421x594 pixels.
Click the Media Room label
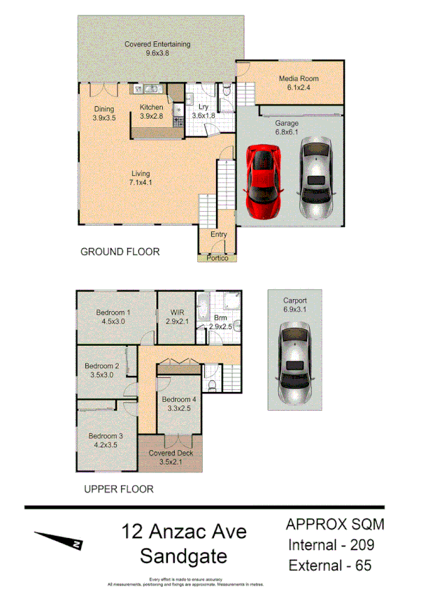click(x=299, y=79)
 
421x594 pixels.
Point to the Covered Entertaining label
click(x=157, y=44)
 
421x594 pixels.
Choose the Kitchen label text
click(x=152, y=107)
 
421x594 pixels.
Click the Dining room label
click(x=104, y=108)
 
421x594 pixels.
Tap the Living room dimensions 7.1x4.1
click(x=140, y=182)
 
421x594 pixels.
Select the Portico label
click(x=217, y=258)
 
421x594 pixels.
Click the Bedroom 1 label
click(x=113, y=312)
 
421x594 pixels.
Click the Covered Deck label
click(x=171, y=453)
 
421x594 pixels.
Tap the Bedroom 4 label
click(x=178, y=400)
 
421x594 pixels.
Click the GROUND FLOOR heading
click(x=120, y=252)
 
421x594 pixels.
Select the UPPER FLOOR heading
click(x=118, y=489)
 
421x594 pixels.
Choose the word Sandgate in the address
click(x=183, y=556)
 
